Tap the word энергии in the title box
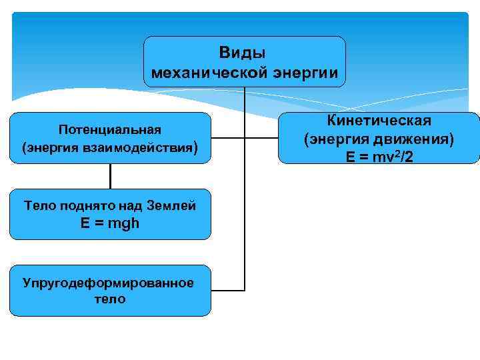tap(306, 71)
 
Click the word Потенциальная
tap(110, 129)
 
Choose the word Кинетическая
tap(379, 121)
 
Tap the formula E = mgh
tap(110, 223)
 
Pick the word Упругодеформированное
tap(108, 283)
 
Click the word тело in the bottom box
tap(110, 299)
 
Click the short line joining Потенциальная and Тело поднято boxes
tap(110, 176)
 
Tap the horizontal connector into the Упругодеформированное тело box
tap(227, 291)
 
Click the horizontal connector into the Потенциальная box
tap(227, 139)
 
